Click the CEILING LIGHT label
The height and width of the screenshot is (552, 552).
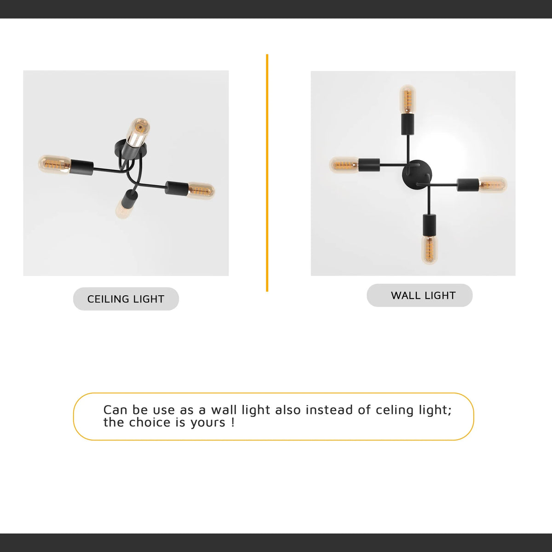(x=126, y=299)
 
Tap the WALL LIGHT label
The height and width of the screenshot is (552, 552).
(x=423, y=295)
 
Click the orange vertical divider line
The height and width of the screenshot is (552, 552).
(x=267, y=173)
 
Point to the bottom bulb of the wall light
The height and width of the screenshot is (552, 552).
(x=429, y=249)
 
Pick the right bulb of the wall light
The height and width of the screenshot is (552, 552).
(x=493, y=185)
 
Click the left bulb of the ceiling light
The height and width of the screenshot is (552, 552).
(x=54, y=164)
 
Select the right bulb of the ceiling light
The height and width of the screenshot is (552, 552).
(x=201, y=190)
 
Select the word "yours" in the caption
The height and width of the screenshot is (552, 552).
(x=208, y=423)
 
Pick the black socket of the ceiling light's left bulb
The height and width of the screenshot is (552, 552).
(x=81, y=167)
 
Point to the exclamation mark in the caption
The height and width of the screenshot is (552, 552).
(x=233, y=423)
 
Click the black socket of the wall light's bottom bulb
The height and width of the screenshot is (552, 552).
(x=429, y=224)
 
